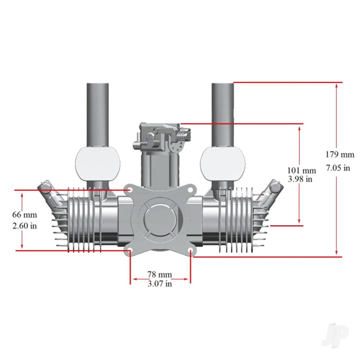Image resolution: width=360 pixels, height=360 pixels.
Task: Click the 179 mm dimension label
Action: point(340,155)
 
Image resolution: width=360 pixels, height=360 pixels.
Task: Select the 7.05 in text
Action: point(338,168)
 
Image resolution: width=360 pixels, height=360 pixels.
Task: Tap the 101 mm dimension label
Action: point(301,170)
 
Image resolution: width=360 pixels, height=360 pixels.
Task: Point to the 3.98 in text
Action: point(300,179)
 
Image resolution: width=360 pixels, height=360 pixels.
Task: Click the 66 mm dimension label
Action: point(25,215)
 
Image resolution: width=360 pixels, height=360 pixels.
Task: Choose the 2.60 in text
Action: point(25,226)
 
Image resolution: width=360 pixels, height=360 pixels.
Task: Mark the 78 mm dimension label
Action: point(159,275)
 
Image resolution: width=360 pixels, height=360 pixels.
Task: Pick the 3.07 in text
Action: point(159,284)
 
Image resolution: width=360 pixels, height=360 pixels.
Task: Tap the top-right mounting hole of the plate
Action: point(190,189)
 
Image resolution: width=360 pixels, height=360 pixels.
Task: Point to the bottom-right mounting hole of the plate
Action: point(190,250)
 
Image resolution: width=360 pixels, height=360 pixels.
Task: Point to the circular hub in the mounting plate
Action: point(160,220)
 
